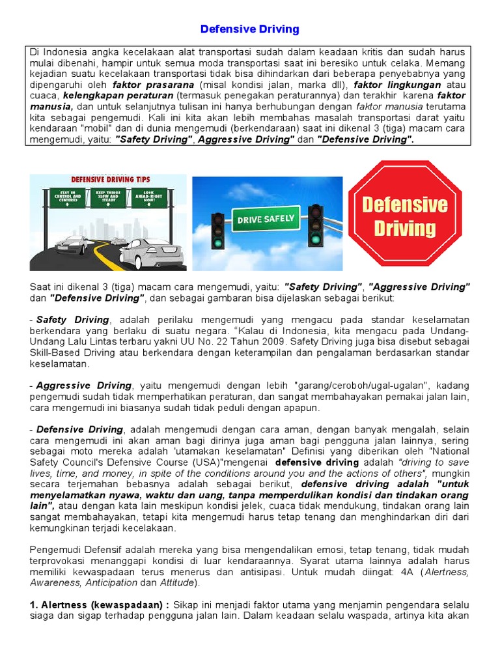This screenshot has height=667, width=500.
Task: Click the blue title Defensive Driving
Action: (x=250, y=29)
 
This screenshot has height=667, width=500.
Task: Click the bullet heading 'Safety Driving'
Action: (x=73, y=320)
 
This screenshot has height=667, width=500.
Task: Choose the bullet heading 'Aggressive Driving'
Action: (x=84, y=385)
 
